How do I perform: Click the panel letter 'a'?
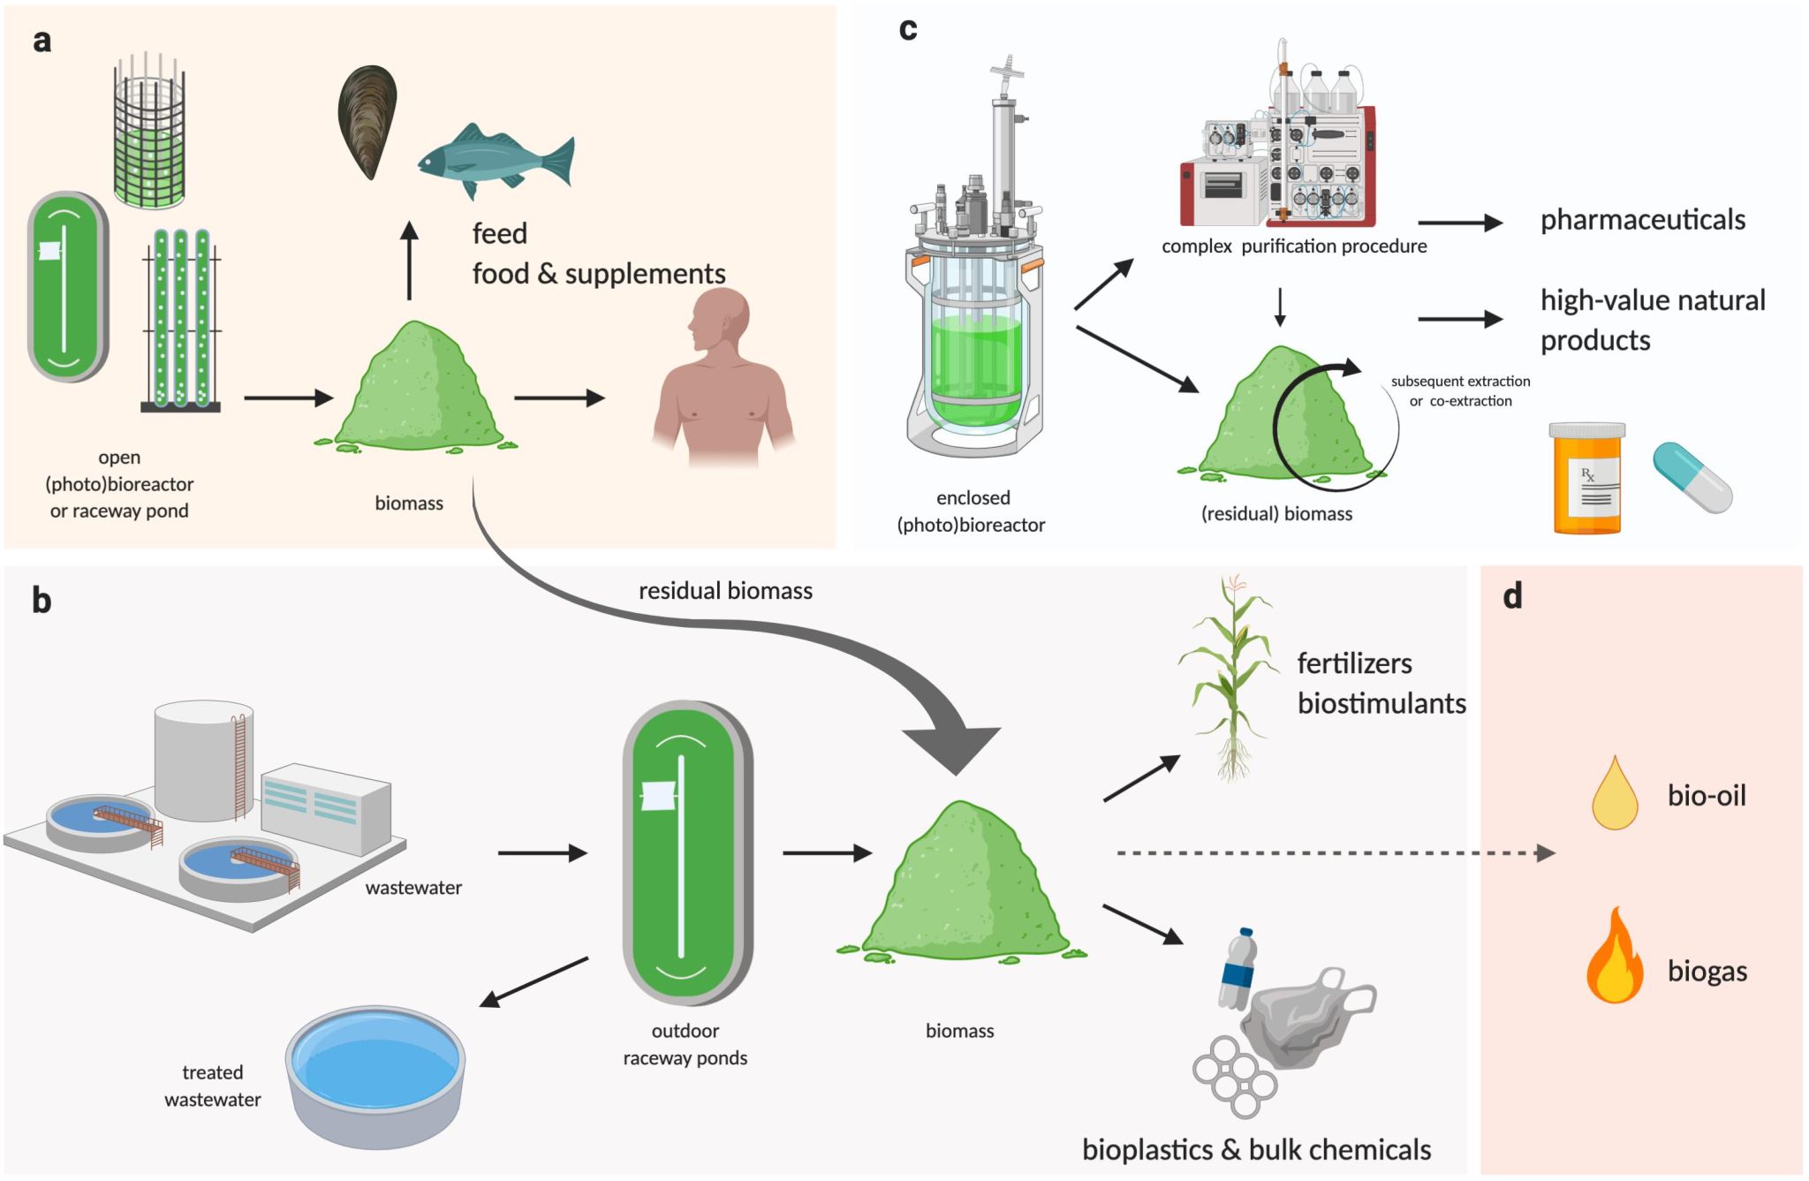pos(42,41)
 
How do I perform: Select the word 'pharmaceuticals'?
pos(1642,220)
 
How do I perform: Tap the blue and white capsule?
pos(1692,478)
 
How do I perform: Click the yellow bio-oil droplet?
pos(1615,794)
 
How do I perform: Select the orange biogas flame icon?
pos(1615,958)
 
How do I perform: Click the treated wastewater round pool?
pos(375,1073)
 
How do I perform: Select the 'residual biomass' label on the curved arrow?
pos(725,591)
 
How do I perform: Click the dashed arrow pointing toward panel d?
pos(1334,853)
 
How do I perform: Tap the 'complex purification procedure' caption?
pos(1293,246)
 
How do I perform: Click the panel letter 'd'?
pos(1512,597)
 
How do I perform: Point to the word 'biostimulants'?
pos(1381,704)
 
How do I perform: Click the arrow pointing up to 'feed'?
pos(409,261)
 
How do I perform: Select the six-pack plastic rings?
pos(1235,1077)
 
